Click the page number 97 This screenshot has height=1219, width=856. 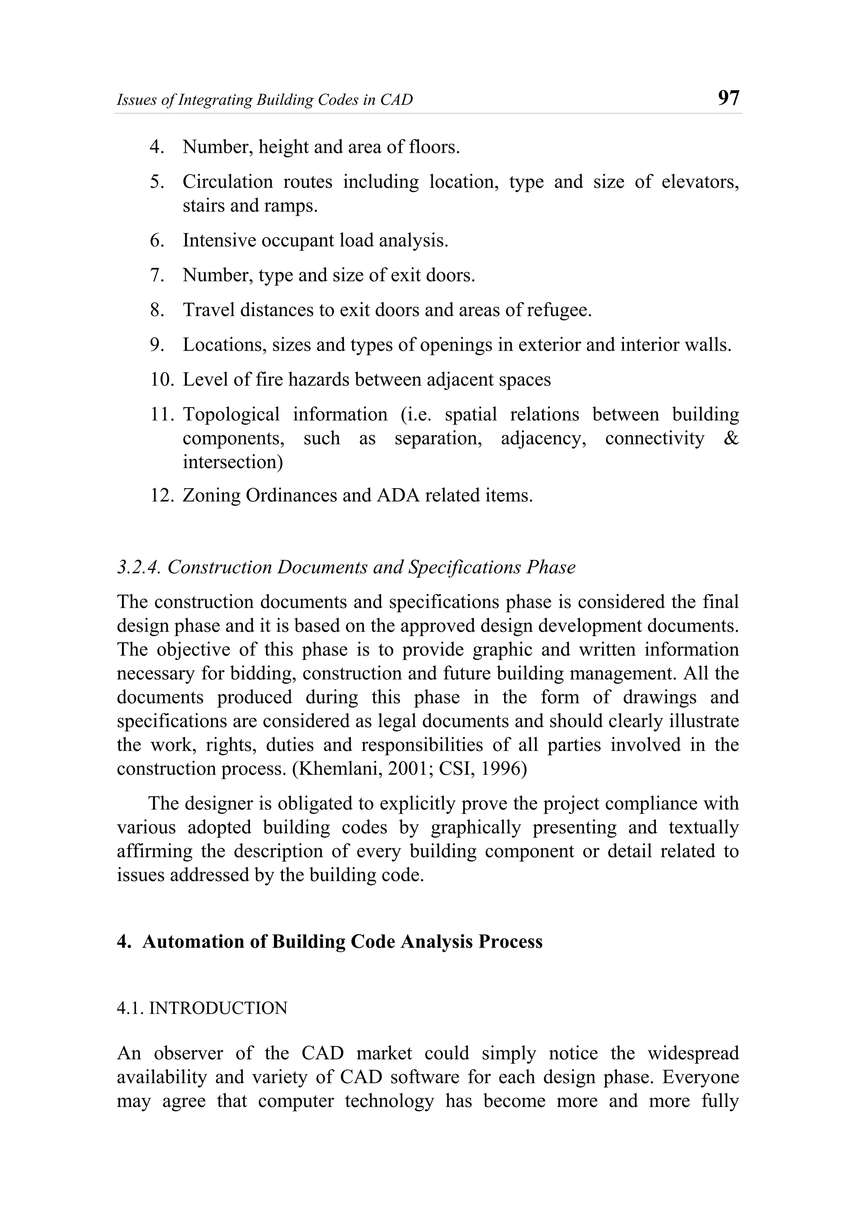(728, 98)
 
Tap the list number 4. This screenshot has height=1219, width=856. (157, 147)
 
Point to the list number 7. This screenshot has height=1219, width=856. (157, 275)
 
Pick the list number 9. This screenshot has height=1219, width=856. (157, 345)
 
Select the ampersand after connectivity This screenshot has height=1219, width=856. (731, 438)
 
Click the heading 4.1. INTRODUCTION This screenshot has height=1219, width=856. (202, 1008)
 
